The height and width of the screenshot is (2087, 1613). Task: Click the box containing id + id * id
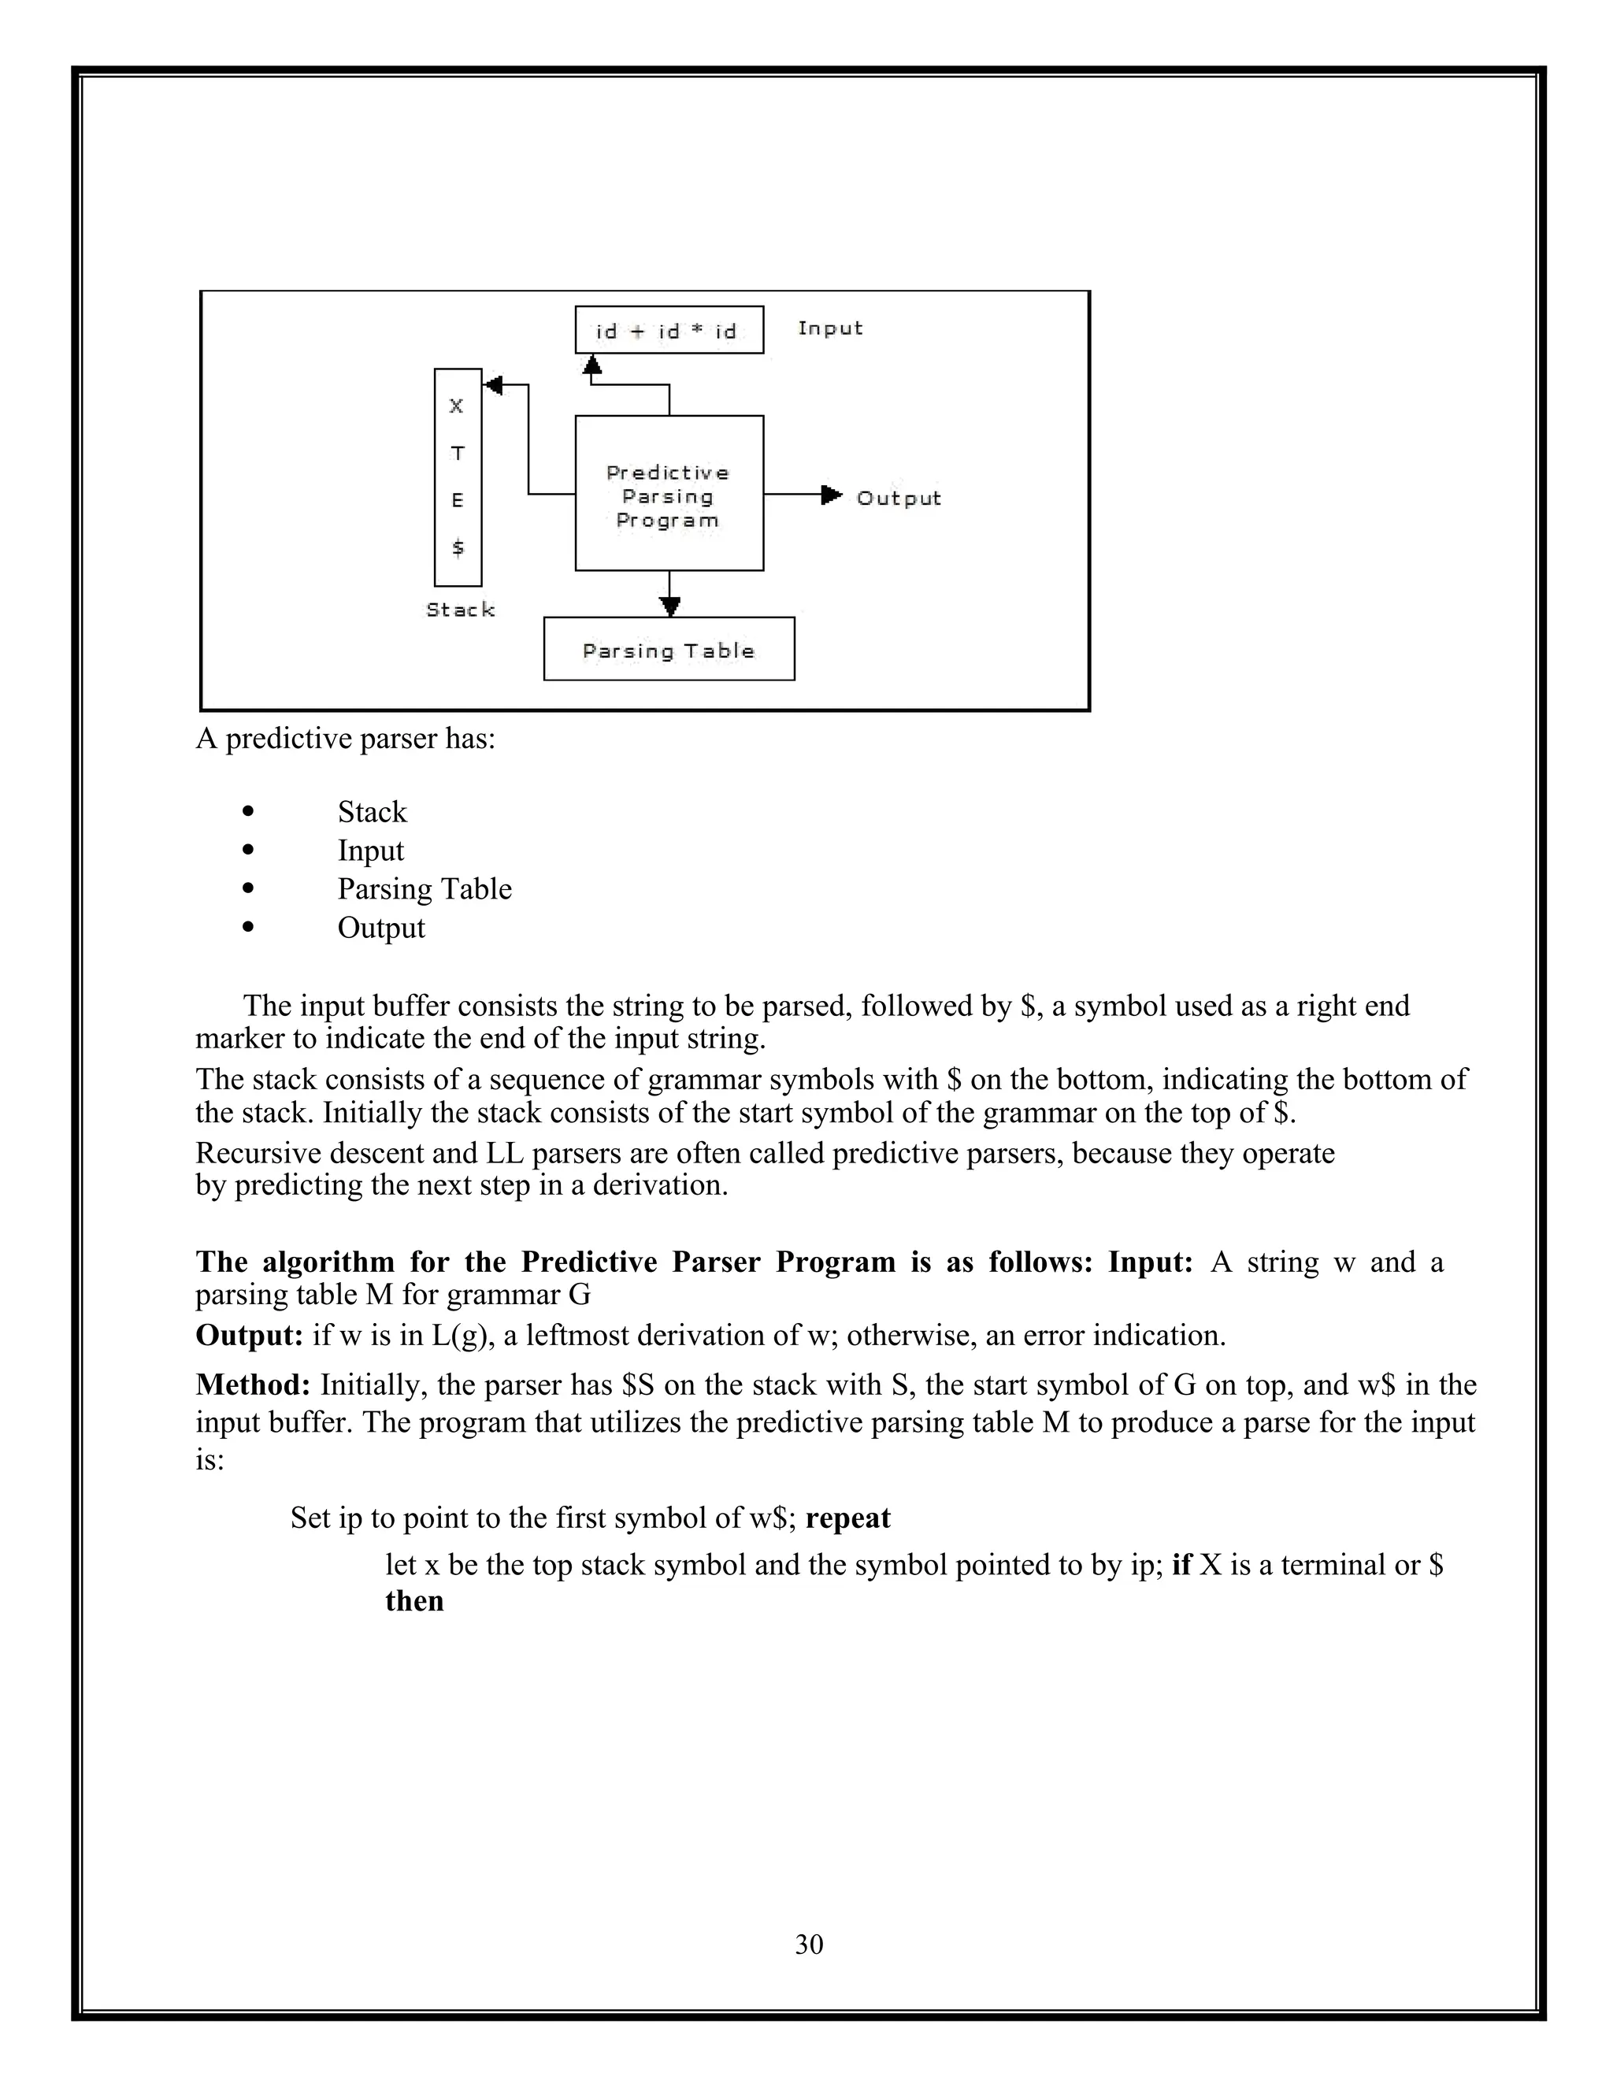[668, 331]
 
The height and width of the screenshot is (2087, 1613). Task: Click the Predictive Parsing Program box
[668, 493]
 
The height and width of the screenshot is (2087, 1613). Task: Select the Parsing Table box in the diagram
[668, 650]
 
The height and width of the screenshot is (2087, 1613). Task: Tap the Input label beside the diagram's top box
[829, 328]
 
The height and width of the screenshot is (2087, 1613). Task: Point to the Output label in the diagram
[898, 498]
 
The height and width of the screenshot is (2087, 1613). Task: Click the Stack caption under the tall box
[460, 610]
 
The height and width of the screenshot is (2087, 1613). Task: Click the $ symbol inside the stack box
[458, 547]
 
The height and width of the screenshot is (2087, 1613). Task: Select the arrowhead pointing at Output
[832, 494]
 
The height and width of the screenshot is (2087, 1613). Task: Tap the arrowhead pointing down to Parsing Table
[670, 606]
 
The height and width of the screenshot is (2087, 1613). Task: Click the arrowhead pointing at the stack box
[493, 385]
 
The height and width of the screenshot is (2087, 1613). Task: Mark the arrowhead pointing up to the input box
[592, 364]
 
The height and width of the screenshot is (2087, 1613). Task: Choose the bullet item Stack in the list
[372, 812]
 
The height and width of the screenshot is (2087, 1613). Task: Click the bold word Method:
[254, 1385]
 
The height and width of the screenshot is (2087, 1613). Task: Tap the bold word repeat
[847, 1518]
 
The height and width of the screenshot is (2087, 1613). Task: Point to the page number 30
[808, 1944]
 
